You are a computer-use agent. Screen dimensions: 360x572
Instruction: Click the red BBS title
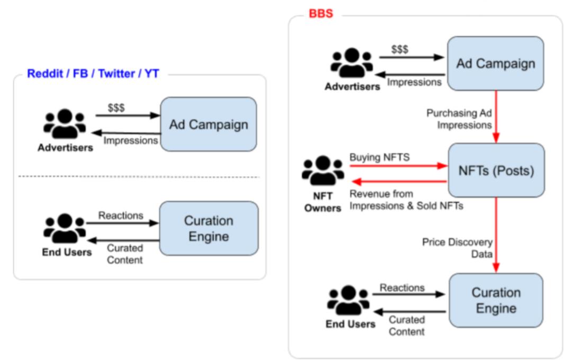coord(321,13)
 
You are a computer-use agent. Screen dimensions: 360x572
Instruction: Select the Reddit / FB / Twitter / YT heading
coord(93,74)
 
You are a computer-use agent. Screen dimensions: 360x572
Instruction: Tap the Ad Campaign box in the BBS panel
coord(495,64)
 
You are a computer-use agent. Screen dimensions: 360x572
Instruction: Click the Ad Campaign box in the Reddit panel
coord(208,124)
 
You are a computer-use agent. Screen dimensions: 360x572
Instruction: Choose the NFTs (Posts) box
coord(496,170)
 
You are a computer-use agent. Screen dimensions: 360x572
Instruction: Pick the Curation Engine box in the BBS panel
coord(496,300)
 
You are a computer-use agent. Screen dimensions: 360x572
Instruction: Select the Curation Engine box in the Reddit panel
coord(208,228)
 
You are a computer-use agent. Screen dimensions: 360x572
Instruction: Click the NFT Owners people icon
coord(323,171)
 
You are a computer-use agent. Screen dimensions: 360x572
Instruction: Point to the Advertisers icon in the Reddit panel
coord(65,124)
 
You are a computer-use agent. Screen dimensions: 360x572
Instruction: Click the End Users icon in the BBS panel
coord(348,300)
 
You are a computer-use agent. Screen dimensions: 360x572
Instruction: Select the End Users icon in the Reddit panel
coord(65,228)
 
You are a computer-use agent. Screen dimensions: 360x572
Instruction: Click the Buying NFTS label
coord(379,157)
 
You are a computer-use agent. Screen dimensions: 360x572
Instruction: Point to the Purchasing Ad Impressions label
coord(459,119)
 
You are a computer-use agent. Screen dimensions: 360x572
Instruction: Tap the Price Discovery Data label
coord(457,248)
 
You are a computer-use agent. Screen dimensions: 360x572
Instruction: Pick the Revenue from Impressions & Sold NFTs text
coord(406,200)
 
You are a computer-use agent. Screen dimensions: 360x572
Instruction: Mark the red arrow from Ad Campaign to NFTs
coord(497,116)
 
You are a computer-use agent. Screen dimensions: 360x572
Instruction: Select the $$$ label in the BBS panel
coord(399,49)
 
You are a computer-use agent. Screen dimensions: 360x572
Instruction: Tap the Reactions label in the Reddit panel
coord(121,215)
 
